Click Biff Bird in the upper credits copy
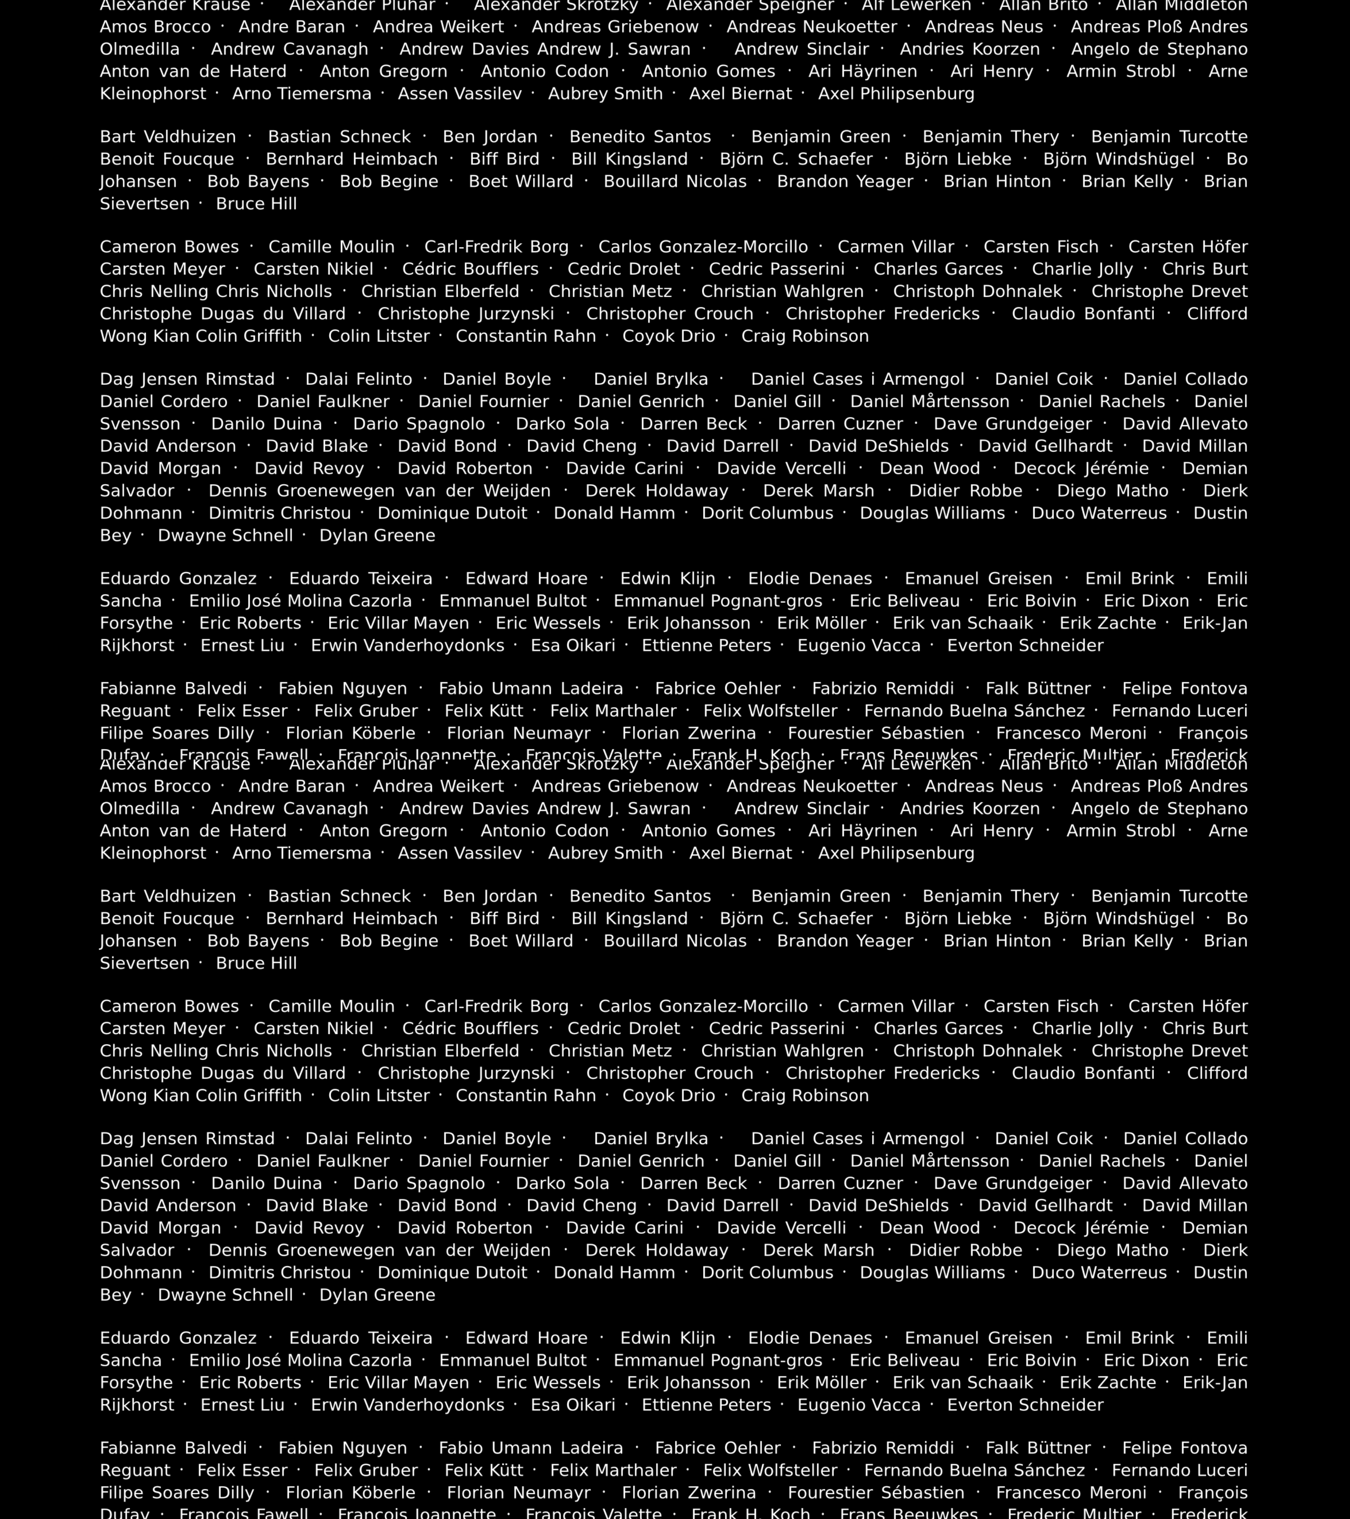point(505,159)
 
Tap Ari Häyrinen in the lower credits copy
point(863,831)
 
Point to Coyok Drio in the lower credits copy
point(669,1095)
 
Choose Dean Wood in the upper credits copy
point(929,468)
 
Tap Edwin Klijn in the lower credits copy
point(668,1338)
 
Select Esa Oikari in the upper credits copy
point(573,645)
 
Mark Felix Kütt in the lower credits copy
point(484,1470)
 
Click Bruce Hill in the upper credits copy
point(256,204)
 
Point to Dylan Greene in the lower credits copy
point(377,1295)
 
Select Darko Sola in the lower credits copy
point(562,1183)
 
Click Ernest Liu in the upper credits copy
point(242,645)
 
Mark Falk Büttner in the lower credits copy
point(1038,1448)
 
